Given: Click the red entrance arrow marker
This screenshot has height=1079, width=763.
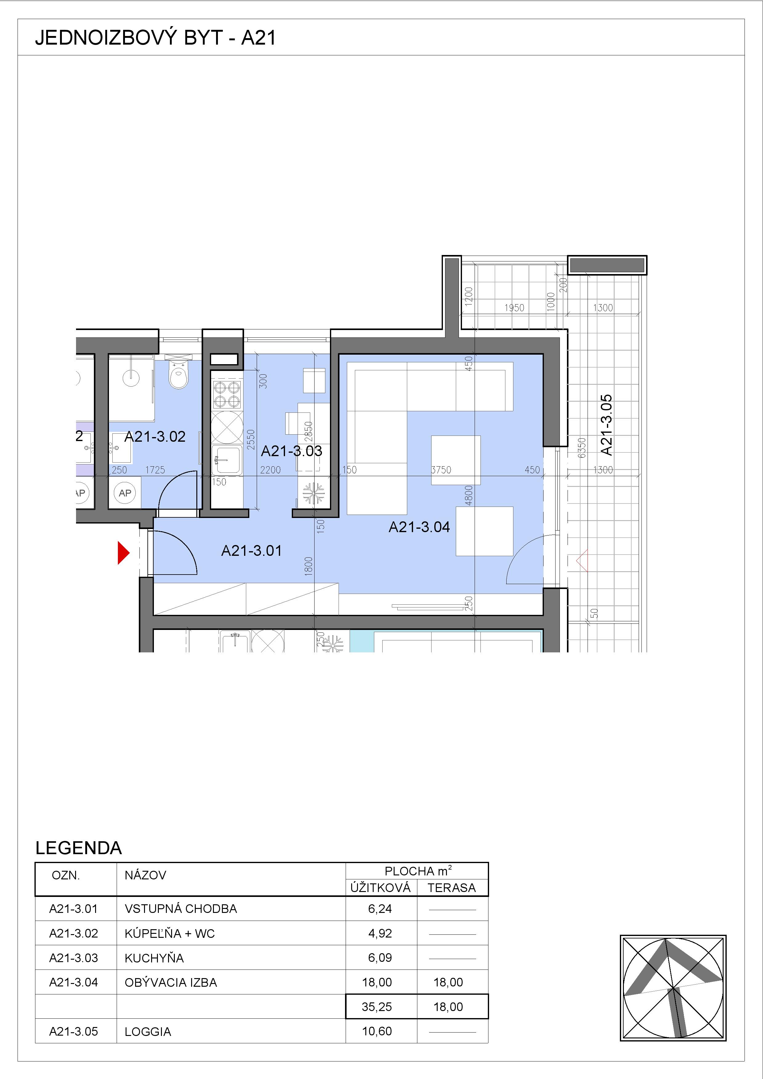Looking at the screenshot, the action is click(x=123, y=553).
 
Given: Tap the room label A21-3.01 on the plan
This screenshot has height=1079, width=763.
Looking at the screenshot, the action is click(x=251, y=550).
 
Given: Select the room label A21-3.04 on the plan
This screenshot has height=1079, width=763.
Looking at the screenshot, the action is click(x=419, y=527).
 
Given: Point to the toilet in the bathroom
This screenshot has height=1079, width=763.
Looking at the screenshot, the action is click(x=179, y=375).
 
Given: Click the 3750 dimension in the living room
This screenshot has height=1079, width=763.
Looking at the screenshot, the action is click(x=441, y=469).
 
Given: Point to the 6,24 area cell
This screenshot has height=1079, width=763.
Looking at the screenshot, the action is click(x=380, y=908).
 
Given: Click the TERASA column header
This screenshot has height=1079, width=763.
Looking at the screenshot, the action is click(x=452, y=887).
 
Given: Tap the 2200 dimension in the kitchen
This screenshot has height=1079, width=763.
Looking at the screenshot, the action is click(x=270, y=469).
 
